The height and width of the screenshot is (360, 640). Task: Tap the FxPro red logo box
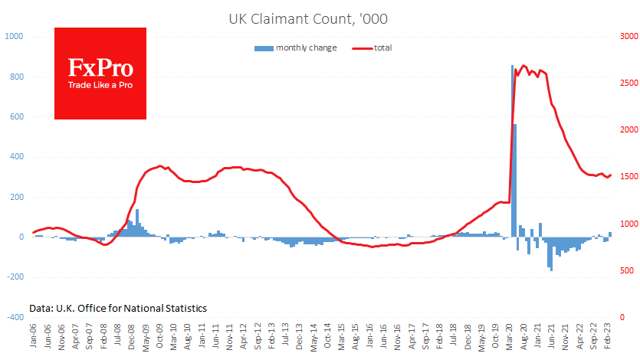coord(100,74)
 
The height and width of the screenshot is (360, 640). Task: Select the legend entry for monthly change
coord(295,48)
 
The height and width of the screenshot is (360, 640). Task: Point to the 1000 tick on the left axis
coord(13,37)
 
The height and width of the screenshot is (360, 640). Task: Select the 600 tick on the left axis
coord(15,117)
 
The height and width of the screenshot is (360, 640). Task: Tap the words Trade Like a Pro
coord(100,85)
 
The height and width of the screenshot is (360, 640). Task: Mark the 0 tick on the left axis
coord(19,237)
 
